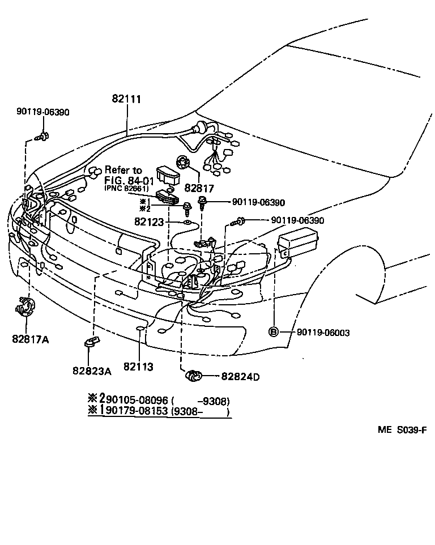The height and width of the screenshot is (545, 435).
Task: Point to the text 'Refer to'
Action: [123, 170]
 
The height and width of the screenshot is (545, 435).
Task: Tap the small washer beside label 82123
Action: [187, 222]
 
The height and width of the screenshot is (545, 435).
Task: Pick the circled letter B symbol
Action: [273, 332]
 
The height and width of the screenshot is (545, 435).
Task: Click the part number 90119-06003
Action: [323, 333]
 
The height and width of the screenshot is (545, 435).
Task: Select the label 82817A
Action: [30, 339]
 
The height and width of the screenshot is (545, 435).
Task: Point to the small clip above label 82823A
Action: [90, 341]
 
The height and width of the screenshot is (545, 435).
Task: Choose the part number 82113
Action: [138, 367]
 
